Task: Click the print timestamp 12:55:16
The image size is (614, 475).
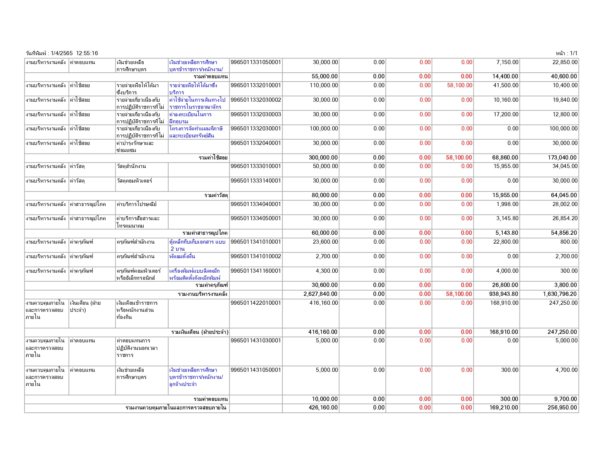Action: coord(87,53)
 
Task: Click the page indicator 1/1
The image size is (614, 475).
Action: coord(573,53)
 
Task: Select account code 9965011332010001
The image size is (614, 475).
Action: coord(256,85)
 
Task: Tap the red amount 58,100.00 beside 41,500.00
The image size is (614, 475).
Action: coord(460,85)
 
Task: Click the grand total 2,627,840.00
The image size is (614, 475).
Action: coord(320,294)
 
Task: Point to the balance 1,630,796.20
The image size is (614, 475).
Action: coord(560,294)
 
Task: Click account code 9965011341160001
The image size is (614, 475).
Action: coord(256,271)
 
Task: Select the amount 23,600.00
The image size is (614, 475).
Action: coord(325,242)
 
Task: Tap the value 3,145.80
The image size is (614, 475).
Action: coord(507,218)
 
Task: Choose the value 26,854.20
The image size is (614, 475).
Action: coord(565,218)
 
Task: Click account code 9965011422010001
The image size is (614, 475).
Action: coord(256,303)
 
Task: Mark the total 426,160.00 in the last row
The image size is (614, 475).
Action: coord(323,408)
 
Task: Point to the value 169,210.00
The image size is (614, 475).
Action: coord(503,408)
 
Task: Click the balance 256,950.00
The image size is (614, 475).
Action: coord(562,408)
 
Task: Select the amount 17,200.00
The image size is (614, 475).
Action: coord(506,114)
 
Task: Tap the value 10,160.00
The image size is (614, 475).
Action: coord(506,100)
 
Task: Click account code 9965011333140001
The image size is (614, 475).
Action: coord(256,181)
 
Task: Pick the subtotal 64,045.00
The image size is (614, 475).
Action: coord(564,195)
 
